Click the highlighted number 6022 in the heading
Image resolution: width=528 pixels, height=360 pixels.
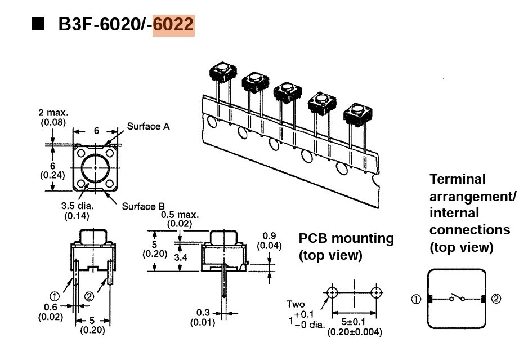tap(173, 25)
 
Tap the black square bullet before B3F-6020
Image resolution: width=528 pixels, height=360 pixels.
tap(38, 25)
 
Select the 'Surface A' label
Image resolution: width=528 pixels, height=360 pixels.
tap(148, 126)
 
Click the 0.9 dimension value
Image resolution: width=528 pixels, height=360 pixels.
tap(270, 236)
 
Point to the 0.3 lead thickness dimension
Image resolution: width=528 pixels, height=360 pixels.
tap(203, 313)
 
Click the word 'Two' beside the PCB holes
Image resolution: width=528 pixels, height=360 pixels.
tap(296, 305)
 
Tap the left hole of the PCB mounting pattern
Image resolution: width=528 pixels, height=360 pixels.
tap(332, 292)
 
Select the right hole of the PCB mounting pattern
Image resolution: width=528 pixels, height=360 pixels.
tap(376, 292)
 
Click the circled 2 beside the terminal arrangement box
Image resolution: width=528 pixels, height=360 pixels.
tap(495, 299)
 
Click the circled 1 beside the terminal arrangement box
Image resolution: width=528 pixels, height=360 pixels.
tap(416, 299)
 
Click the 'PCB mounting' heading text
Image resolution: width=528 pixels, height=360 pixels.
tap(346, 238)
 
